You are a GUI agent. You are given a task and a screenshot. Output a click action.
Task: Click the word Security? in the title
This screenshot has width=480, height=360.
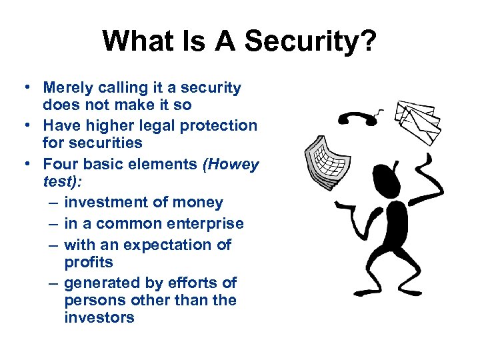click(x=311, y=41)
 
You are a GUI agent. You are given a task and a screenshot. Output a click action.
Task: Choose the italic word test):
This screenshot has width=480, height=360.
click(x=63, y=181)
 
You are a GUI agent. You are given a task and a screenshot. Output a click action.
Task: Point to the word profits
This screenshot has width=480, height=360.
click(x=89, y=262)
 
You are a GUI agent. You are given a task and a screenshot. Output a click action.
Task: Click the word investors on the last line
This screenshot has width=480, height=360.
click(x=99, y=317)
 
